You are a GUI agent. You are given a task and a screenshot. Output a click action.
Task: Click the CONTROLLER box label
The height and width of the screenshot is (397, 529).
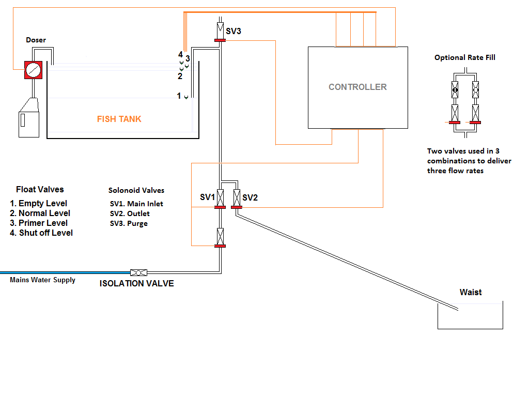pos(357,87)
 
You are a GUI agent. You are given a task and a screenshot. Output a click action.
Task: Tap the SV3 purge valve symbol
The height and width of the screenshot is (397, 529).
pos(220,32)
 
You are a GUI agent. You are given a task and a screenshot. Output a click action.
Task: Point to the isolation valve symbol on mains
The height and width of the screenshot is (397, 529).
pos(138,272)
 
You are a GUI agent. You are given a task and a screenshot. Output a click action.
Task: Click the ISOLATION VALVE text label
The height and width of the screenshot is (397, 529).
pos(136,283)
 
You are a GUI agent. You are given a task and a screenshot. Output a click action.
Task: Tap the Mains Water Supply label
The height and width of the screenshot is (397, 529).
pos(42,280)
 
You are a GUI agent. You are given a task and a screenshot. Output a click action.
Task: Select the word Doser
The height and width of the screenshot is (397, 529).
pos(36,40)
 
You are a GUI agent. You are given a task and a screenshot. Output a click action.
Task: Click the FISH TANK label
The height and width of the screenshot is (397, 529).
pos(119,119)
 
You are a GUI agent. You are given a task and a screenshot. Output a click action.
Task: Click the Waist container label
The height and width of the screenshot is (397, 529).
pos(470,292)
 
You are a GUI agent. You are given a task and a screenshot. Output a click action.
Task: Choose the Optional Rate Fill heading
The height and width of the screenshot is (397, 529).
pos(464,57)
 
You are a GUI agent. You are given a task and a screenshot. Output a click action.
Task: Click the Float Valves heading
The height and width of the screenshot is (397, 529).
pos(40,189)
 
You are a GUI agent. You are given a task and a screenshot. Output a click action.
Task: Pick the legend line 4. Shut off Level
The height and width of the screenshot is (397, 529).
pos(42,233)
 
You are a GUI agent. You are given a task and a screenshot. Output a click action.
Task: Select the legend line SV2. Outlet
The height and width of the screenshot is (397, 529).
pos(130,213)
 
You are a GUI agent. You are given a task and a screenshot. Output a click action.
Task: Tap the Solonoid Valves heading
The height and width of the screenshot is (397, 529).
pos(136,190)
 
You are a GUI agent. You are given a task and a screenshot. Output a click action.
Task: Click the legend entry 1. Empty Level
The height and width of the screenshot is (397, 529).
pos(39,203)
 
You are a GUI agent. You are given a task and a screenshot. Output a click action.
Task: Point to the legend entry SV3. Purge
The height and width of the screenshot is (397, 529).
pos(129,223)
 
